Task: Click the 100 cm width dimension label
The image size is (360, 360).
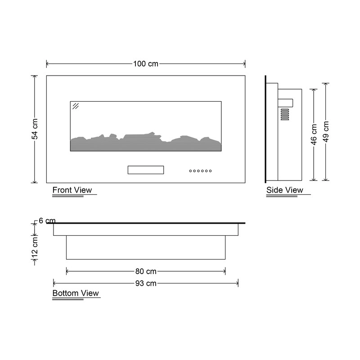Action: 146,63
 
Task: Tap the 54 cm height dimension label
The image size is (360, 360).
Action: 35,129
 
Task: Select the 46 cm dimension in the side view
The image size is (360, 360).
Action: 314,135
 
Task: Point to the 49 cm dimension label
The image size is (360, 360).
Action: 326,131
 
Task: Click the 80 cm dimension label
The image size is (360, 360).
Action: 146,271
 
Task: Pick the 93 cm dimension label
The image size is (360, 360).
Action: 146,283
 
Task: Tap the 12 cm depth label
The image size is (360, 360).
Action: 35,249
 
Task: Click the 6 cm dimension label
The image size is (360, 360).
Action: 47,220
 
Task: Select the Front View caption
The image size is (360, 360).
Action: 72,190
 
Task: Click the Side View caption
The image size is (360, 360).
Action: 285,190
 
